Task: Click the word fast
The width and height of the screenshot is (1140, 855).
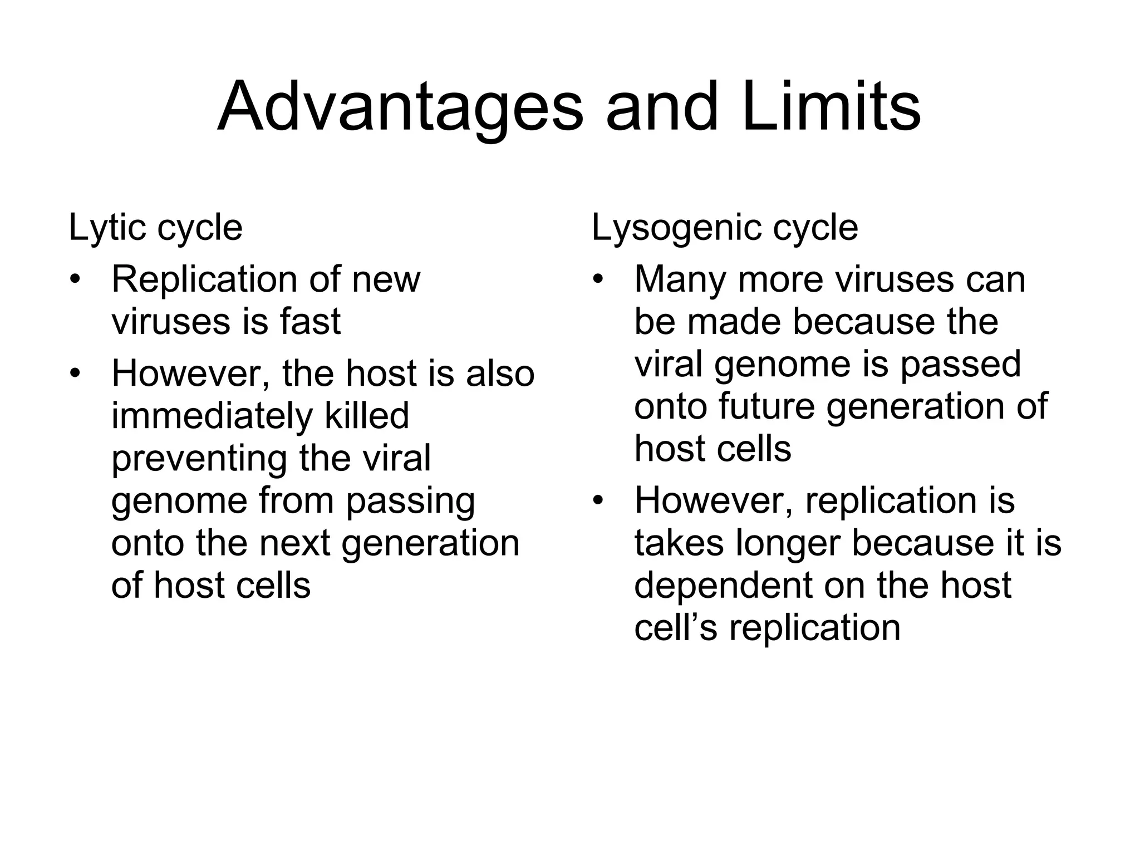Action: coord(310,322)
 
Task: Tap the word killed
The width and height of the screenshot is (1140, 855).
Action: coord(367,416)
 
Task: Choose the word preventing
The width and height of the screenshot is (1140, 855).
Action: coord(199,459)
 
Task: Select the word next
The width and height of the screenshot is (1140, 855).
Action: coord(295,543)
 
